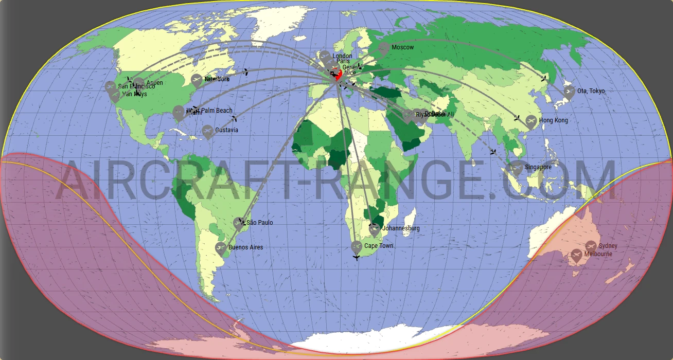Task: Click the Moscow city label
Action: [402, 47]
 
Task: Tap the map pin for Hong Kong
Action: [532, 122]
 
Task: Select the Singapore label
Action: [538, 167]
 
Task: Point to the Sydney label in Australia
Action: [608, 246]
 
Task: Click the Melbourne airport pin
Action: [577, 255]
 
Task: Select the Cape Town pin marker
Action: [357, 247]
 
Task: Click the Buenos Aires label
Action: [245, 247]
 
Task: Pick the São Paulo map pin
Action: [238, 223]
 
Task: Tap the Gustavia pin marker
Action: [207, 132]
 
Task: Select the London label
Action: [342, 56]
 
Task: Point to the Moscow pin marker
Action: [383, 49]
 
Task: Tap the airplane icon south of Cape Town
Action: [356, 257]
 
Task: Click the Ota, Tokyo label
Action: [591, 91]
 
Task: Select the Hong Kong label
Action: [554, 120]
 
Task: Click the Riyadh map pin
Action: [408, 116]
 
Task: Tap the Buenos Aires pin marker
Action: [221, 249]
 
